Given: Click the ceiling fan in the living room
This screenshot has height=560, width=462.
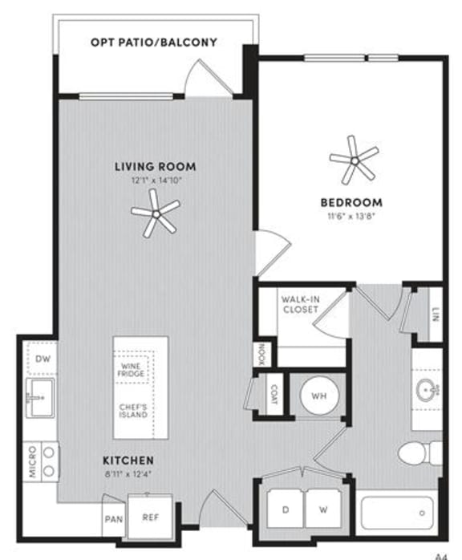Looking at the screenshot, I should (x=155, y=213).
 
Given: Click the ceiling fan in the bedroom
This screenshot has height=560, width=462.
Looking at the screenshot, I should (x=353, y=160).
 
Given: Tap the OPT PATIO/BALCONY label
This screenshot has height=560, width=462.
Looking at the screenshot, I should (x=154, y=42).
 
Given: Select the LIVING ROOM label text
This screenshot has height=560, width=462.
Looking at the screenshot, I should (x=155, y=167).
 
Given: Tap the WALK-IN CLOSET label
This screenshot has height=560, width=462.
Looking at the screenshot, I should (x=301, y=306).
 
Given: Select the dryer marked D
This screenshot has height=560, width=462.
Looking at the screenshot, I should (x=286, y=509).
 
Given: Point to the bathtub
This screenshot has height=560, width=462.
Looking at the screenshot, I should (x=399, y=513).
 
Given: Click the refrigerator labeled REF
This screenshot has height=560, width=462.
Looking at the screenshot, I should (x=151, y=517).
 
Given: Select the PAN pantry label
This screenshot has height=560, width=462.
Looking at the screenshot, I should (x=112, y=519).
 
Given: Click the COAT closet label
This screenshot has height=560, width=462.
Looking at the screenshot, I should (x=273, y=394).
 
